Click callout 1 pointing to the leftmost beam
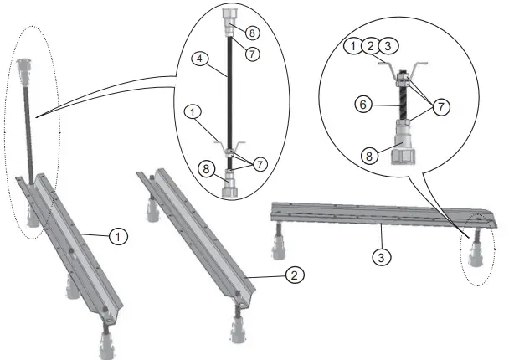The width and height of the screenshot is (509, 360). point(120,237)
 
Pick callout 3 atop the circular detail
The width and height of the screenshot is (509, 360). point(388,45)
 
